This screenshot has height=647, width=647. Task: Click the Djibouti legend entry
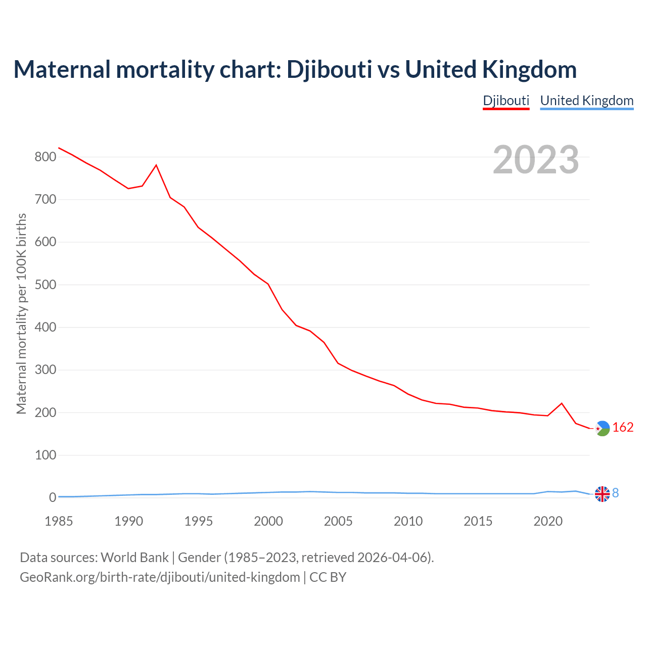[506, 101]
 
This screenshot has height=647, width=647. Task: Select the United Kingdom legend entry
[586, 101]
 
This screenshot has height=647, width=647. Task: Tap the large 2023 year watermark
[536, 160]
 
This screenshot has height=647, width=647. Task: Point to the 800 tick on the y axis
[45, 157]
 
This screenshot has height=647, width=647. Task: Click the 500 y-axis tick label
[45, 285]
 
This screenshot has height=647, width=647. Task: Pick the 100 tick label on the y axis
[45, 455]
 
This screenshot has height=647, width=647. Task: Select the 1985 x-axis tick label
[59, 521]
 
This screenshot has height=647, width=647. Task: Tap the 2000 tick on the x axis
[268, 521]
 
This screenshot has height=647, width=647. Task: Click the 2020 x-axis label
[548, 521]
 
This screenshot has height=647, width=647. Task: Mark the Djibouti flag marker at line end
[602, 429]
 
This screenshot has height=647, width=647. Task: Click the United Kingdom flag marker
[602, 494]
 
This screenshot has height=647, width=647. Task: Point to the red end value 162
[623, 428]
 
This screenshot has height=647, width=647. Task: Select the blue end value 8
[616, 493]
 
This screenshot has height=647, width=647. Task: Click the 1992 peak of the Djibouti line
[156, 165]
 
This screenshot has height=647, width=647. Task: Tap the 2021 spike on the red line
[562, 403]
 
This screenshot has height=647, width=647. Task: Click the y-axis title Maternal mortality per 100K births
[21, 313]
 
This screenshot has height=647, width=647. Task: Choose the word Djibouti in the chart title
[330, 70]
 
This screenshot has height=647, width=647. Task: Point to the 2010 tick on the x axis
[408, 521]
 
